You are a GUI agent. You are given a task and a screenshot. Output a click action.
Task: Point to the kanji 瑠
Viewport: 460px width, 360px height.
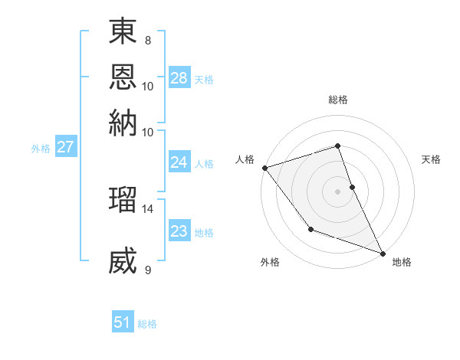[123, 199]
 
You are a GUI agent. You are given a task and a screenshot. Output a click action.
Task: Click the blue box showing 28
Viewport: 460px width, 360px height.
[179, 78]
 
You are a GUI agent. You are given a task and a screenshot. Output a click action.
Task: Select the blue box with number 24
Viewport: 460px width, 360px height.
[179, 162]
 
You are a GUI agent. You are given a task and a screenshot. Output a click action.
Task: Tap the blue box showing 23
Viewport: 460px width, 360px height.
[179, 231]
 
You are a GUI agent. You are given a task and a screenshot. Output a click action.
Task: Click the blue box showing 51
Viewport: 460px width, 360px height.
[123, 322]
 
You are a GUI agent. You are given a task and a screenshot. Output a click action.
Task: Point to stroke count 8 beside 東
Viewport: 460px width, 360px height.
[147, 40]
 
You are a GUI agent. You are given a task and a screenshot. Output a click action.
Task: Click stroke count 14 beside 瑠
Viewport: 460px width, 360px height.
[147, 208]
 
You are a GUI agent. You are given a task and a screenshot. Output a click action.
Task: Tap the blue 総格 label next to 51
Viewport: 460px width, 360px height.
[147, 324]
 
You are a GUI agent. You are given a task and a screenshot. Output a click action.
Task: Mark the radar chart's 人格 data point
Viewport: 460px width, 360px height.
[264, 168]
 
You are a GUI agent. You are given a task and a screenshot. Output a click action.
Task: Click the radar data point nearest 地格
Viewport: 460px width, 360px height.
[382, 253]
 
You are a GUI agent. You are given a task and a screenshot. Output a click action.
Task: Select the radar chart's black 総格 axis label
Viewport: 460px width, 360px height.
[337, 100]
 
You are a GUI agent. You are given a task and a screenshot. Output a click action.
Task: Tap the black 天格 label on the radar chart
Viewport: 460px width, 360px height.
[431, 159]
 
